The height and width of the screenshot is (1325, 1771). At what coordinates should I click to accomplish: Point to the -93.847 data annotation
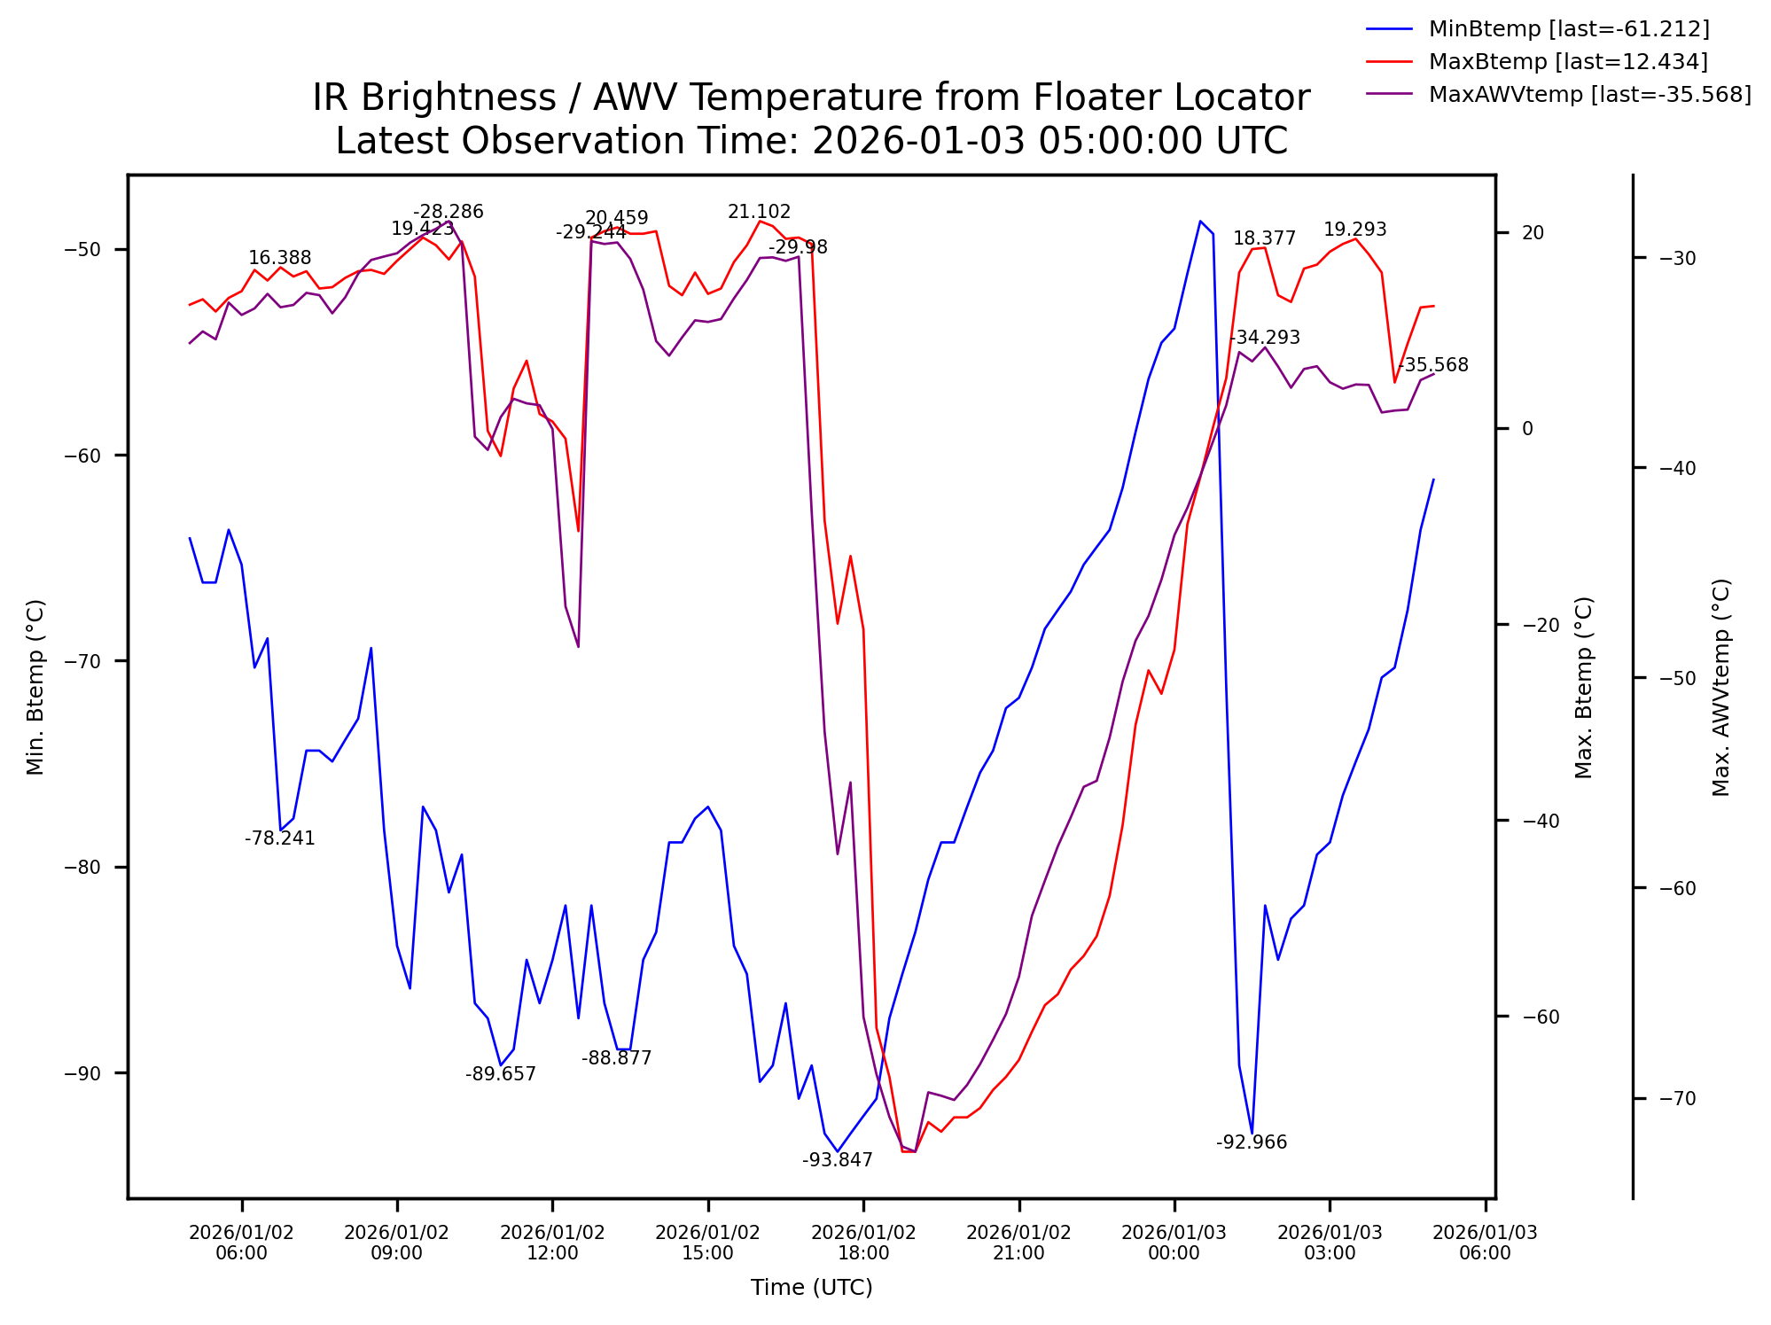tap(837, 1160)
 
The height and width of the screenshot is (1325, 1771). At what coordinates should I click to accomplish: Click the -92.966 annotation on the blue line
tap(1251, 1142)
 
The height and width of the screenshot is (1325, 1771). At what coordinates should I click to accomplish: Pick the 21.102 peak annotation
tap(759, 212)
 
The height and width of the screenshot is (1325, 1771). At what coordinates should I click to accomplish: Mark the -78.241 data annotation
tap(279, 838)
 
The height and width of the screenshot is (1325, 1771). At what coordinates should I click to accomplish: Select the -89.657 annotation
tap(500, 1074)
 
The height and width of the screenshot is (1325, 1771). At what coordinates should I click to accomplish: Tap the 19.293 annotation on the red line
tap(1354, 230)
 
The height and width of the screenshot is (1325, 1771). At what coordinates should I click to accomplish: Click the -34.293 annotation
tap(1264, 338)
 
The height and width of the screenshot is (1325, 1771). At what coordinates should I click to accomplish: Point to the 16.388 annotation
tap(279, 258)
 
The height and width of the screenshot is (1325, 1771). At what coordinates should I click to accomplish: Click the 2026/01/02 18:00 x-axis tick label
tap(863, 1243)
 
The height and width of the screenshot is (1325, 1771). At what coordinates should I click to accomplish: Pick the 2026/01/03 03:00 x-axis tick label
tap(1329, 1243)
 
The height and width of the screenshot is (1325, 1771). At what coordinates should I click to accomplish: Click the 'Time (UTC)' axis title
tap(811, 1288)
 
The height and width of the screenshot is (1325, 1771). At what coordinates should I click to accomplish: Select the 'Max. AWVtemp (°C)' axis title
tap(1720, 688)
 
